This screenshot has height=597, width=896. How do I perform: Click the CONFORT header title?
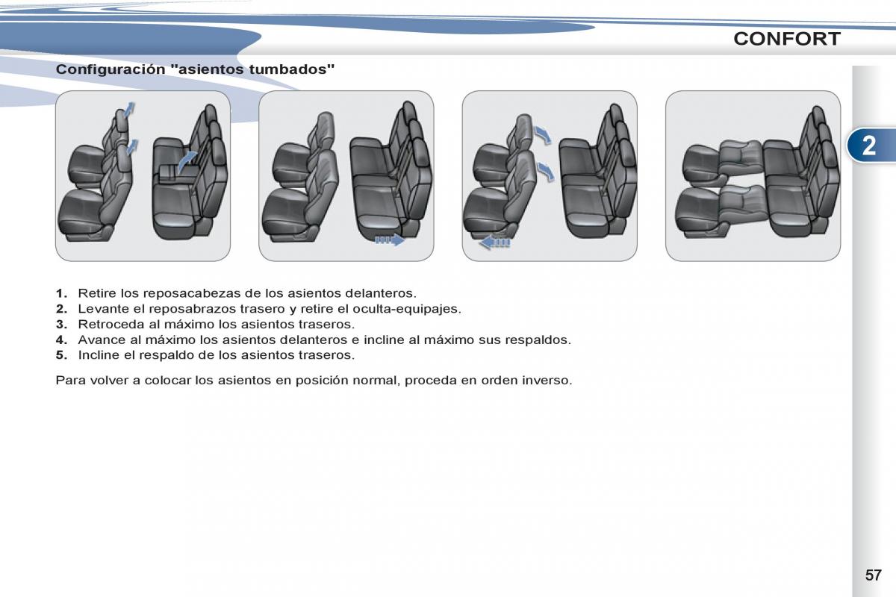(x=787, y=39)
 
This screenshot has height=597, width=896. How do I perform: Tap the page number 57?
(x=873, y=575)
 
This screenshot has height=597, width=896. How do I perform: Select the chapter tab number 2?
(x=868, y=146)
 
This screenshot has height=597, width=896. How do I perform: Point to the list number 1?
(x=61, y=293)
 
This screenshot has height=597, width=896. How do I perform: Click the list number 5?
(x=61, y=355)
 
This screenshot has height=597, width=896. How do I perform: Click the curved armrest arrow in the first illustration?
(x=187, y=161)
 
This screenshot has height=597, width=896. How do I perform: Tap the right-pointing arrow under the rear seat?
(x=390, y=240)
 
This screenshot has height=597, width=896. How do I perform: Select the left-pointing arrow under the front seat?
(x=494, y=243)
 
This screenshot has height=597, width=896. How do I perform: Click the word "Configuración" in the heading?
(x=111, y=69)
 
